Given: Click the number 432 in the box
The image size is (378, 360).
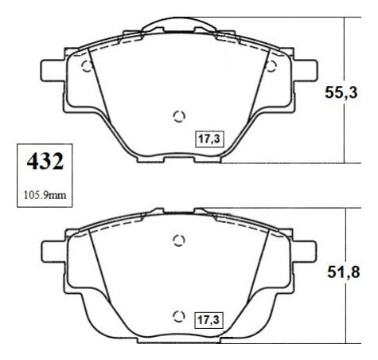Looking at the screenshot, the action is tap(45, 162).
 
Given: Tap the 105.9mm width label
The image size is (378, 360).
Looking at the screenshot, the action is tap(45, 195).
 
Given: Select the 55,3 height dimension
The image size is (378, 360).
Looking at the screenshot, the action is tap(341, 92).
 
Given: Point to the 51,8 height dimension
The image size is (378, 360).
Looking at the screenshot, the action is tap(343, 272).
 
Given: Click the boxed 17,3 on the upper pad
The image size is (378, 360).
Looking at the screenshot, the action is tap(209, 139).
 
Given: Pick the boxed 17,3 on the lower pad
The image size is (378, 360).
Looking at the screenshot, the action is tap(208, 320).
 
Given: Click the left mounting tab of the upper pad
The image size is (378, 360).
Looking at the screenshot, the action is tap(52, 70).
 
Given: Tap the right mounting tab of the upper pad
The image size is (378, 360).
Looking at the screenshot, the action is tap(306, 70).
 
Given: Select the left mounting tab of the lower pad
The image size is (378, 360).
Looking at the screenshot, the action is tap(53, 251).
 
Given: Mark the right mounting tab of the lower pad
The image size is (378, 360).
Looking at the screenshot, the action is tap(305, 251).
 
